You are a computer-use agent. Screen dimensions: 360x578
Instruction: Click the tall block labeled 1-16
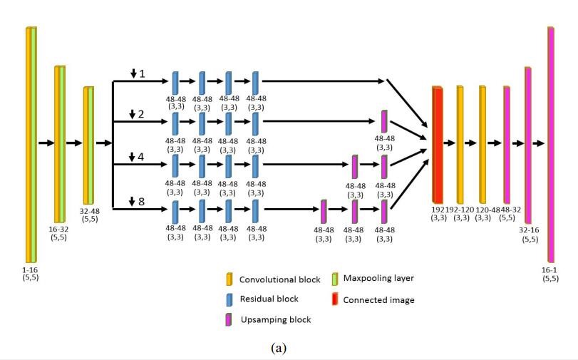(31, 145)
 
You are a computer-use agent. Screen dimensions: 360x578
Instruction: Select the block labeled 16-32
(59, 143)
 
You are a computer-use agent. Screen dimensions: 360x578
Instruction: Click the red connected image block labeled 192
(437, 144)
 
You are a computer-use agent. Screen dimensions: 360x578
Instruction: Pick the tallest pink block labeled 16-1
(551, 145)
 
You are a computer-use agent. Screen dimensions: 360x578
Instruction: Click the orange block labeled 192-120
(460, 144)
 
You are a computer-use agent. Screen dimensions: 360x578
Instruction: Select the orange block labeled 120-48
(482, 144)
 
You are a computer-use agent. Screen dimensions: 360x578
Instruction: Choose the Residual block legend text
(269, 299)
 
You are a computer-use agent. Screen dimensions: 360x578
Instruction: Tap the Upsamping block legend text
(275, 319)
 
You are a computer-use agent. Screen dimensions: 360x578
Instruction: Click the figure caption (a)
(287, 347)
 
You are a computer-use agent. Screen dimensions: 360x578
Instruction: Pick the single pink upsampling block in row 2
(384, 120)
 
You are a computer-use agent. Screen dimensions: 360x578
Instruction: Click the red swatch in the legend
(336, 299)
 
